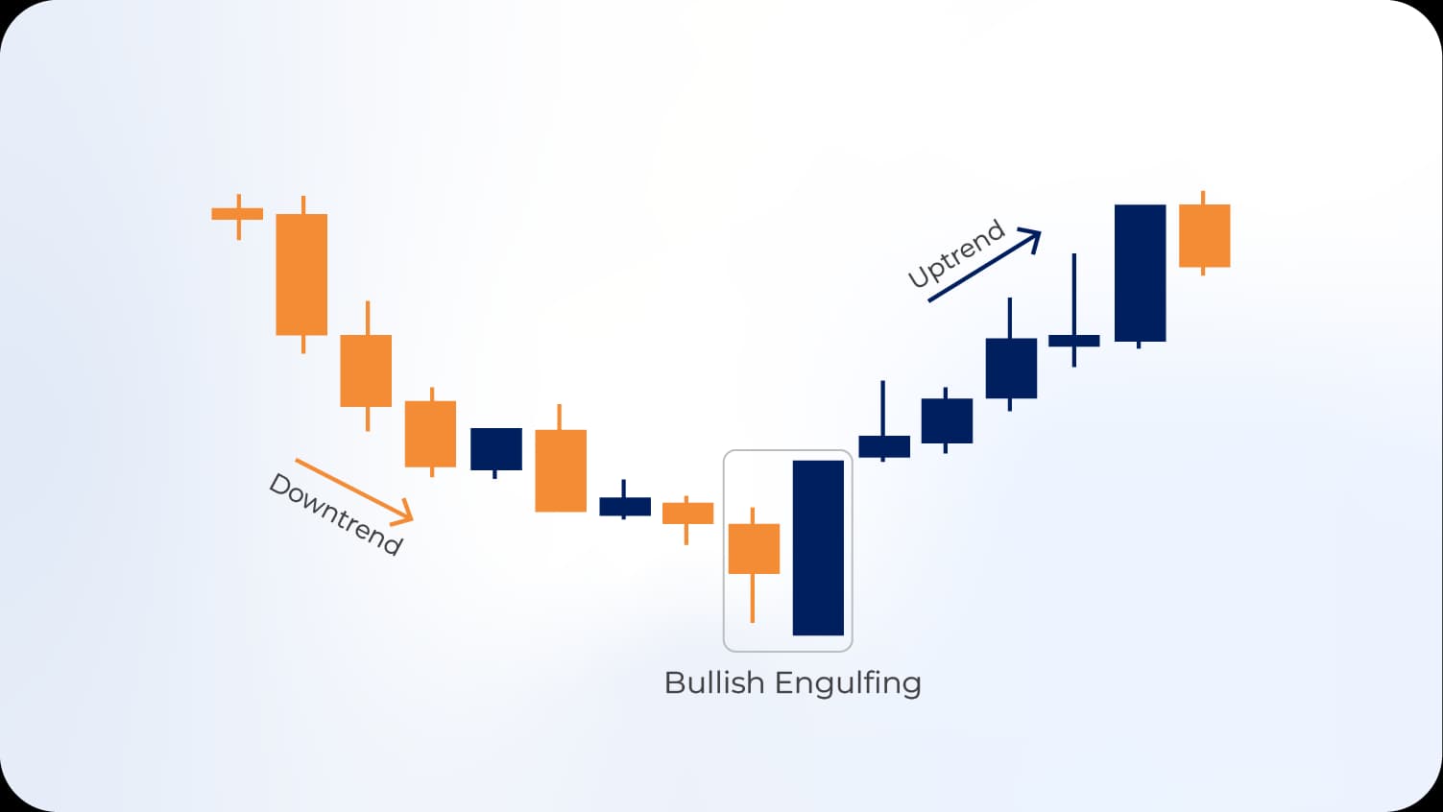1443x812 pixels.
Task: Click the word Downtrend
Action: click(x=335, y=514)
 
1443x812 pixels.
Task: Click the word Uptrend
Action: click(x=956, y=254)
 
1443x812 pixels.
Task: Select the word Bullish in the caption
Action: click(x=714, y=683)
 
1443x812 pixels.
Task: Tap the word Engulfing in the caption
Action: click(x=848, y=684)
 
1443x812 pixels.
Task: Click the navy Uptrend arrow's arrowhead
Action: click(x=1032, y=236)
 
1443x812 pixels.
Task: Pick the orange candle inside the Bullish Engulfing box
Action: click(x=754, y=549)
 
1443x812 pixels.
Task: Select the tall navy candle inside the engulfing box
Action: click(x=818, y=547)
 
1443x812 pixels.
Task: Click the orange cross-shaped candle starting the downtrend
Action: click(x=237, y=213)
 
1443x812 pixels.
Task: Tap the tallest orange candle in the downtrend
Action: click(x=301, y=275)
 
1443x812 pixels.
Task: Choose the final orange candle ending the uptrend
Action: click(x=1204, y=235)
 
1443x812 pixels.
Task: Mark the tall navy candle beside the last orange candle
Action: click(x=1140, y=273)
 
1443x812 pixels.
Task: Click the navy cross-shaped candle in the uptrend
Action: click(x=1073, y=340)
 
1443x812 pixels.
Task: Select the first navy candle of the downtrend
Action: click(x=495, y=448)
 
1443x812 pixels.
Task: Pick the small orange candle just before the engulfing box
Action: click(x=687, y=513)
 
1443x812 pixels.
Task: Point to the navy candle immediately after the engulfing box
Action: click(x=883, y=446)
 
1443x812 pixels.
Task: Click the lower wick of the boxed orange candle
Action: click(x=753, y=598)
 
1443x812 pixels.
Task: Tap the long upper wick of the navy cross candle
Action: click(x=1073, y=293)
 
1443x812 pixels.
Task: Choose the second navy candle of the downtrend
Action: click(x=624, y=506)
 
